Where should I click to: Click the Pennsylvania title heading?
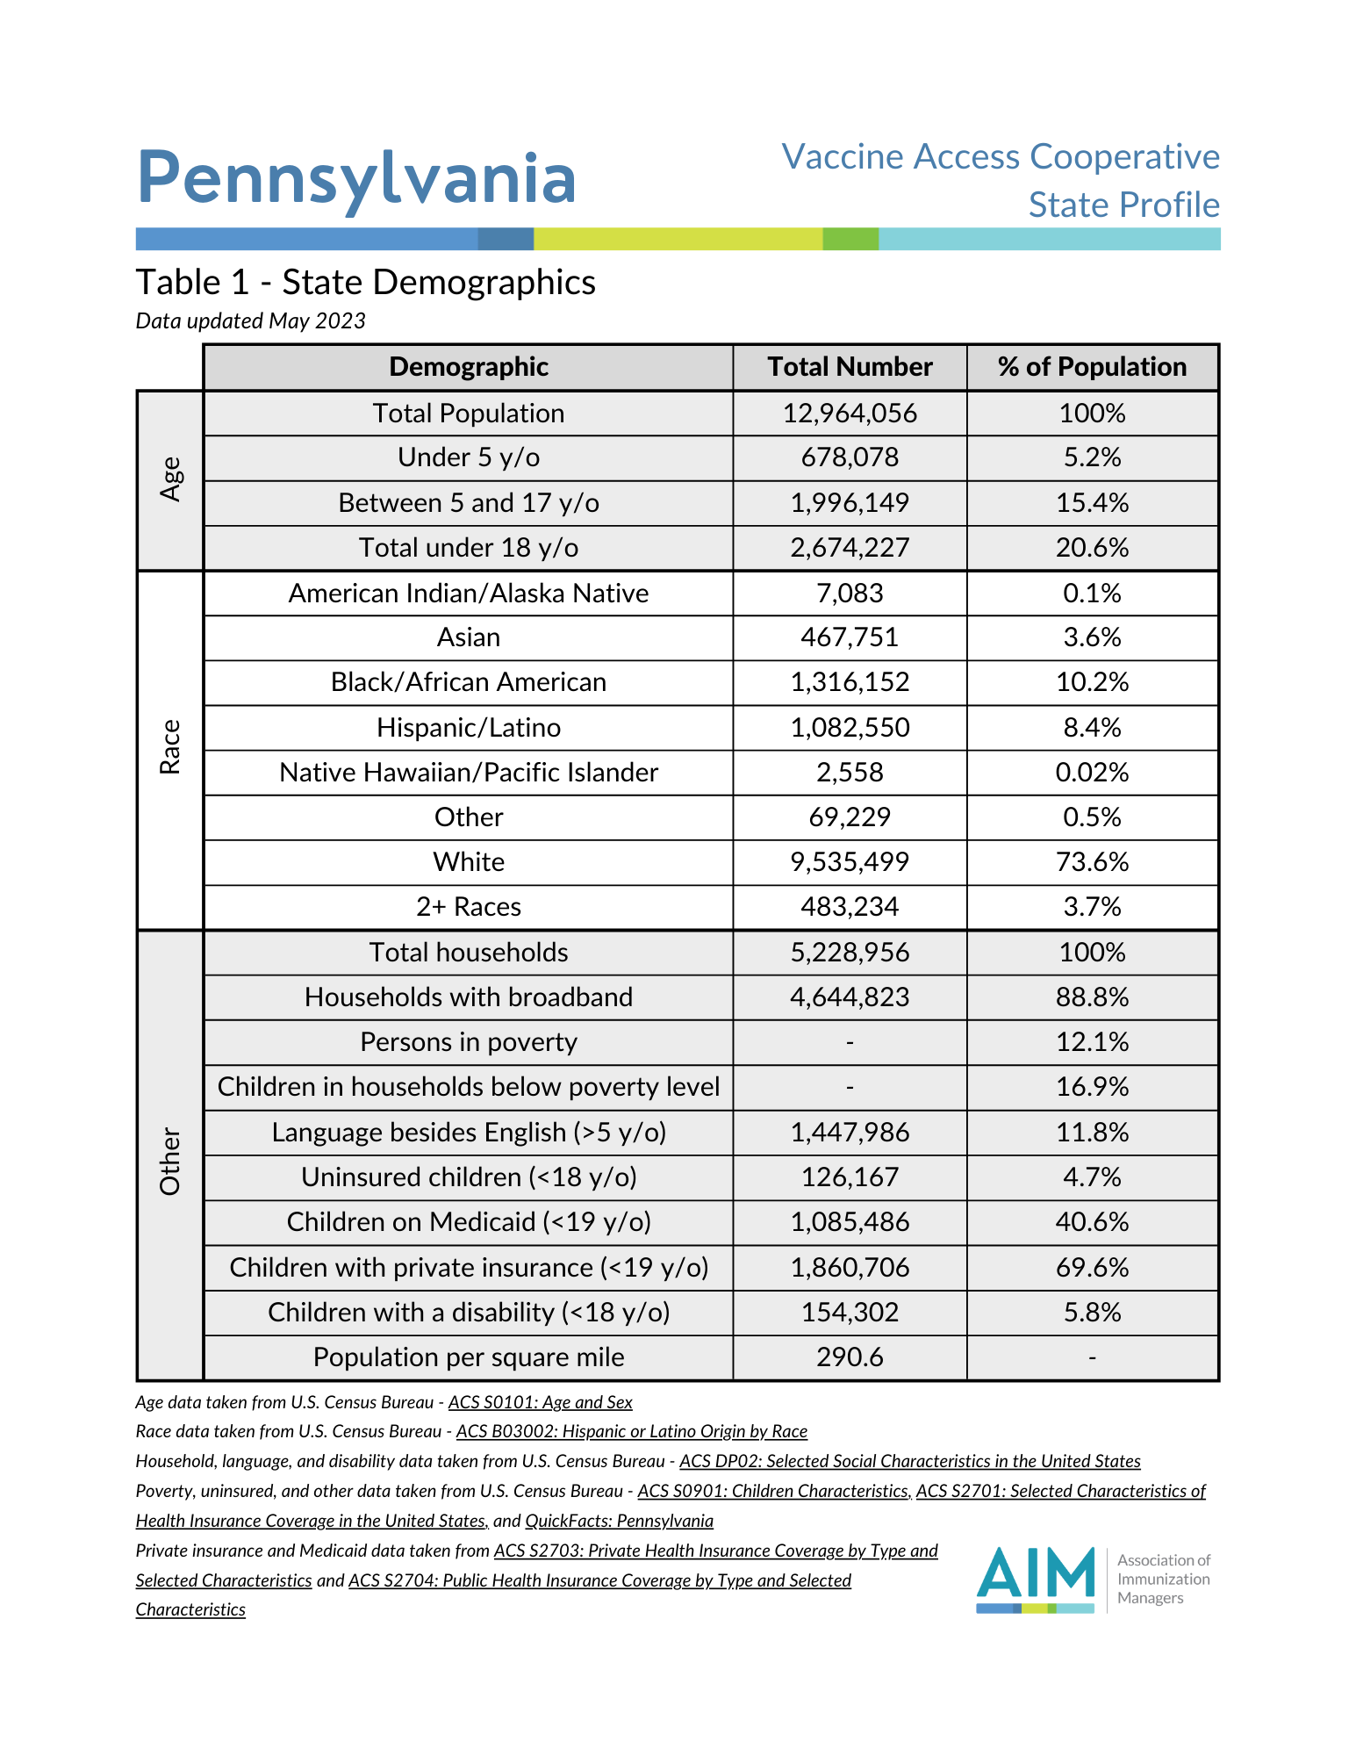point(356,178)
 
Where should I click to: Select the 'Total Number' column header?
point(850,367)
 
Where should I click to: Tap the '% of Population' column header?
point(1092,367)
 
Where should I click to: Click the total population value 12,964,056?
point(850,414)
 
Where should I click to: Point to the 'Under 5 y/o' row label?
point(469,457)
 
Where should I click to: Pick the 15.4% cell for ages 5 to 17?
point(1092,503)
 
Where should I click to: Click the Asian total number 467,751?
point(850,637)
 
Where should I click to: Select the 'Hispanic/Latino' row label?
point(469,728)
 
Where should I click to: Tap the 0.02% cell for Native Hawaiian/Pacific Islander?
point(1092,773)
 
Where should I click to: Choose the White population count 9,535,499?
point(850,862)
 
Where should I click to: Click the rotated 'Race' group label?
point(170,747)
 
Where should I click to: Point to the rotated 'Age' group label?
point(170,479)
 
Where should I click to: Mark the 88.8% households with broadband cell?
point(1092,997)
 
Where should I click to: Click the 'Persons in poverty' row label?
point(469,1042)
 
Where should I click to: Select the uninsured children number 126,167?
point(850,1177)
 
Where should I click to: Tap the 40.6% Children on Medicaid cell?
point(1092,1222)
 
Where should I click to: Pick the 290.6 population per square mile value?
point(850,1357)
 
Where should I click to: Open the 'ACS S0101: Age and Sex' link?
point(540,1403)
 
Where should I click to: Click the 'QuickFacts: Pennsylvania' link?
point(619,1521)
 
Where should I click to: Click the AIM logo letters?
point(1036,1573)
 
